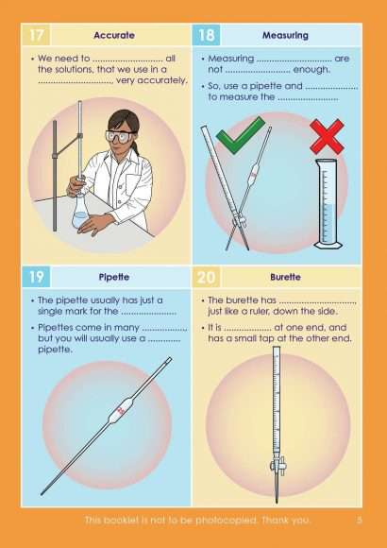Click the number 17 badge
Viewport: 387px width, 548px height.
click(x=35, y=37)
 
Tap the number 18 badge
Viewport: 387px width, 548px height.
click(x=207, y=37)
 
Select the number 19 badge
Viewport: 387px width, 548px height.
click(x=35, y=278)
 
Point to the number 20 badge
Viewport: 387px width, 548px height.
click(x=207, y=278)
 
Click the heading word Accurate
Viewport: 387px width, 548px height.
click(x=114, y=36)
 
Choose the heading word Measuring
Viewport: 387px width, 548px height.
click(x=286, y=36)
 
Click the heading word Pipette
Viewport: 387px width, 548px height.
click(x=114, y=278)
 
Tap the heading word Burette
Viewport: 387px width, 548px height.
click(x=286, y=278)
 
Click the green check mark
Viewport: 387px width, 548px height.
click(x=239, y=139)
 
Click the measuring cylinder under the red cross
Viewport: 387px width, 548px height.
click(x=327, y=204)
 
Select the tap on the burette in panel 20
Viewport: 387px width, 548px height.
click(x=278, y=465)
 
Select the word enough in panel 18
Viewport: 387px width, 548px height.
click(x=315, y=69)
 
